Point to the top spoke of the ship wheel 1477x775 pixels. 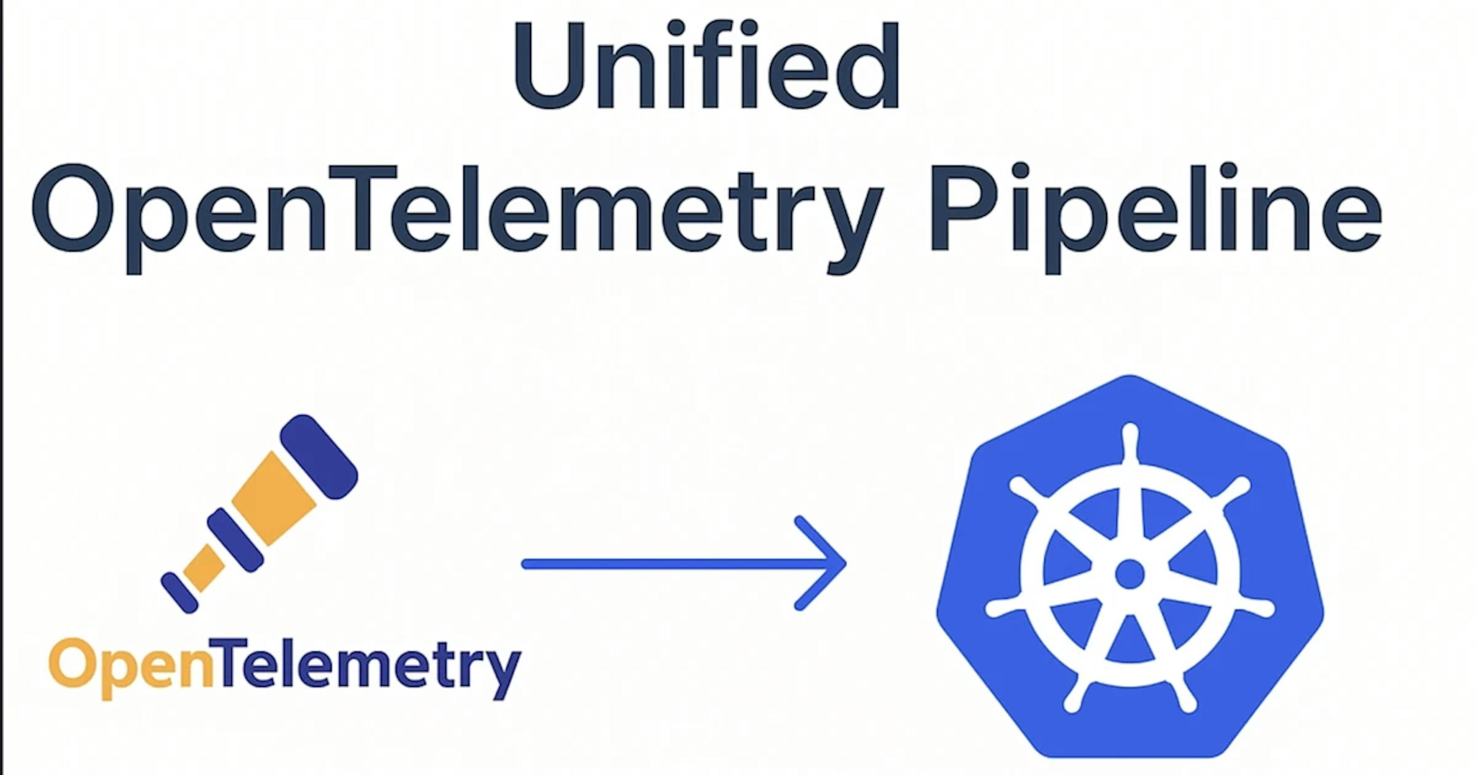click(x=1130, y=459)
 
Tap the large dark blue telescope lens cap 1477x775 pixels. click(x=319, y=456)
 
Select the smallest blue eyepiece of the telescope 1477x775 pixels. click(x=180, y=592)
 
